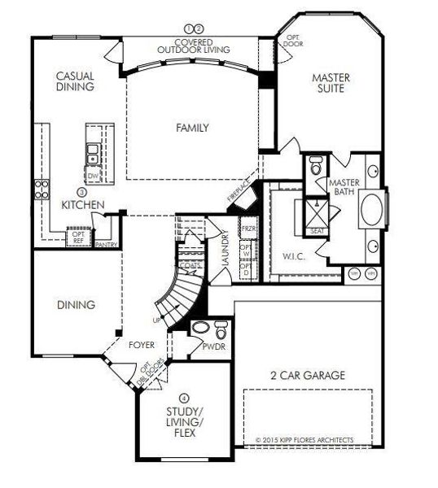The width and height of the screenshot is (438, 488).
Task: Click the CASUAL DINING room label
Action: (75, 82)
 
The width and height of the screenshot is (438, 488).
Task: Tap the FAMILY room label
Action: (193, 128)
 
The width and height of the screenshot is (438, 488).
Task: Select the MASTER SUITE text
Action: (331, 84)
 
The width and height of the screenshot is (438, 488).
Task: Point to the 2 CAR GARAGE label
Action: (307, 375)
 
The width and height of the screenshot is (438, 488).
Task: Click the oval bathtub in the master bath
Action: (371, 207)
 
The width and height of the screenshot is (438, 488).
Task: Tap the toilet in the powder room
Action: (221, 332)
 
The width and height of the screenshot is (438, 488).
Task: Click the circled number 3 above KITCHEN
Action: (81, 192)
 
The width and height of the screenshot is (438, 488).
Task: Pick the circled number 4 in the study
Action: (185, 398)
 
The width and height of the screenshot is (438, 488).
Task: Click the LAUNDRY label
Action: (226, 249)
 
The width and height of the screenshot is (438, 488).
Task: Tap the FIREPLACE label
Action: (240, 194)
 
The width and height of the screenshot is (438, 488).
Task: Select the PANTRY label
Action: (105, 243)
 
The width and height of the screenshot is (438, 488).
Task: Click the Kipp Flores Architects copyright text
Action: (304, 439)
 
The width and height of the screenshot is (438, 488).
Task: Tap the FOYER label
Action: (142, 345)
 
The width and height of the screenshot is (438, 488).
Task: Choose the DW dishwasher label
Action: (94, 174)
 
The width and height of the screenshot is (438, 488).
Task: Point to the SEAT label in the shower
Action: (316, 231)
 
